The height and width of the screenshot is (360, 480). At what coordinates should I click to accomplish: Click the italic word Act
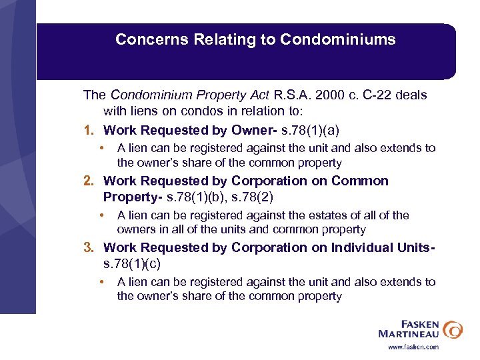(x=259, y=95)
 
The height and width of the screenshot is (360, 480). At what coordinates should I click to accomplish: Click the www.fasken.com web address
(x=413, y=347)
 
